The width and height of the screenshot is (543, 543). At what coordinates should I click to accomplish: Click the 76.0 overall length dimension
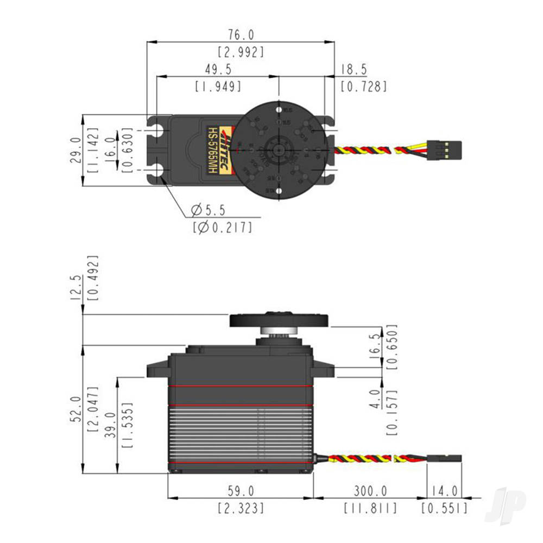click(241, 35)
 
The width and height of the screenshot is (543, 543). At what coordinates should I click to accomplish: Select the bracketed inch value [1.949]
click(217, 86)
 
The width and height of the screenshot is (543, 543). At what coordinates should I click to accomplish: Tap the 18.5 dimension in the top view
click(354, 70)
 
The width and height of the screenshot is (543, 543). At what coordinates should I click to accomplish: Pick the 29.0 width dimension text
click(75, 150)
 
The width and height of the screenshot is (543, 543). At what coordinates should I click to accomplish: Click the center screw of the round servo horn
click(278, 150)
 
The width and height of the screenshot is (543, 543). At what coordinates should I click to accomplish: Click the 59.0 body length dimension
click(241, 491)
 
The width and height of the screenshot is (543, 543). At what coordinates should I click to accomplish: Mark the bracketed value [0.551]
click(444, 508)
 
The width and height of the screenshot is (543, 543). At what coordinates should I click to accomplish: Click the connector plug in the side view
click(445, 459)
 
